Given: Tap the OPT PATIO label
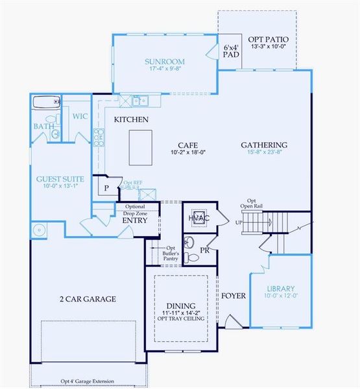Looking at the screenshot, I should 263,39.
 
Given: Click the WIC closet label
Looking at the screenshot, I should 80,116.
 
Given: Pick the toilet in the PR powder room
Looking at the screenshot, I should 189,244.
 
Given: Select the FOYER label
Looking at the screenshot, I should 233,296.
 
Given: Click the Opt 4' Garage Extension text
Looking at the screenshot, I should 88,381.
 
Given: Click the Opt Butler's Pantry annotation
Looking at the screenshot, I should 171,253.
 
